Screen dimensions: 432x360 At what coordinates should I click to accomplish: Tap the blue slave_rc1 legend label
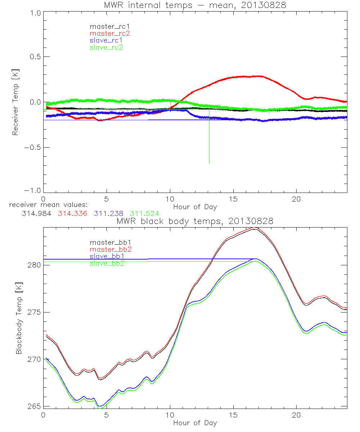107,40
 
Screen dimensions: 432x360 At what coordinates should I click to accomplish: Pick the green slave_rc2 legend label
107,47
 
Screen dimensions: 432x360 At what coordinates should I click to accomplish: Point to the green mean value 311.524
144,213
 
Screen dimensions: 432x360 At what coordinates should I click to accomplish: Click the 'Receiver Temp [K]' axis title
15,102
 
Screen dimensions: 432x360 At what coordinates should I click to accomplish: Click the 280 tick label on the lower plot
33,265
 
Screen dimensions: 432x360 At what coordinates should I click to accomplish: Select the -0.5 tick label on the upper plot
32,148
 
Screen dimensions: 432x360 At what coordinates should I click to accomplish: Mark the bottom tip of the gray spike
209,163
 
